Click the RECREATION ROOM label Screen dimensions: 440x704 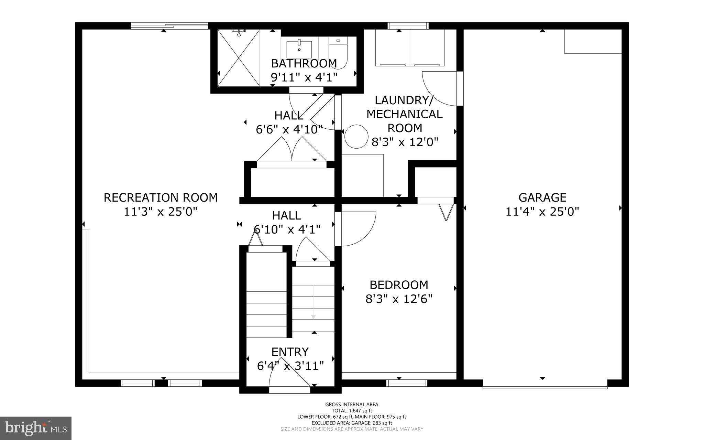pyautogui.click(x=161, y=197)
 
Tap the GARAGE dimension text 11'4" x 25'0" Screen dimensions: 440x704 pyautogui.click(x=542, y=211)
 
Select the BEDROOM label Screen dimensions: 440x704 pyautogui.click(x=399, y=285)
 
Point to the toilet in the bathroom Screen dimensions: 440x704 pyautogui.click(x=338, y=52)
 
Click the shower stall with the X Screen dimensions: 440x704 pyautogui.click(x=238, y=57)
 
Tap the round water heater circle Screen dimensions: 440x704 pyautogui.click(x=356, y=137)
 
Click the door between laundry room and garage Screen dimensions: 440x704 pyautogui.click(x=441, y=88)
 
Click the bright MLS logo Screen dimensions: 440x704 pyautogui.click(x=36, y=428)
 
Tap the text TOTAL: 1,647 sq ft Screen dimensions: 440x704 pyautogui.click(x=352, y=410)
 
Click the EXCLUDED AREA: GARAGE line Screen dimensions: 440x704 pyautogui.click(x=352, y=423)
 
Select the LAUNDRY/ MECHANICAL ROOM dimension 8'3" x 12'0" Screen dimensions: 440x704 pyautogui.click(x=405, y=142)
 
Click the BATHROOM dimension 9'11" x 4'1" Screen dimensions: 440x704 pyautogui.click(x=304, y=77)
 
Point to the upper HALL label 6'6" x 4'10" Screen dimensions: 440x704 pyautogui.click(x=289, y=129)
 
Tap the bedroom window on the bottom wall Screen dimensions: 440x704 pyautogui.click(x=407, y=383)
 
